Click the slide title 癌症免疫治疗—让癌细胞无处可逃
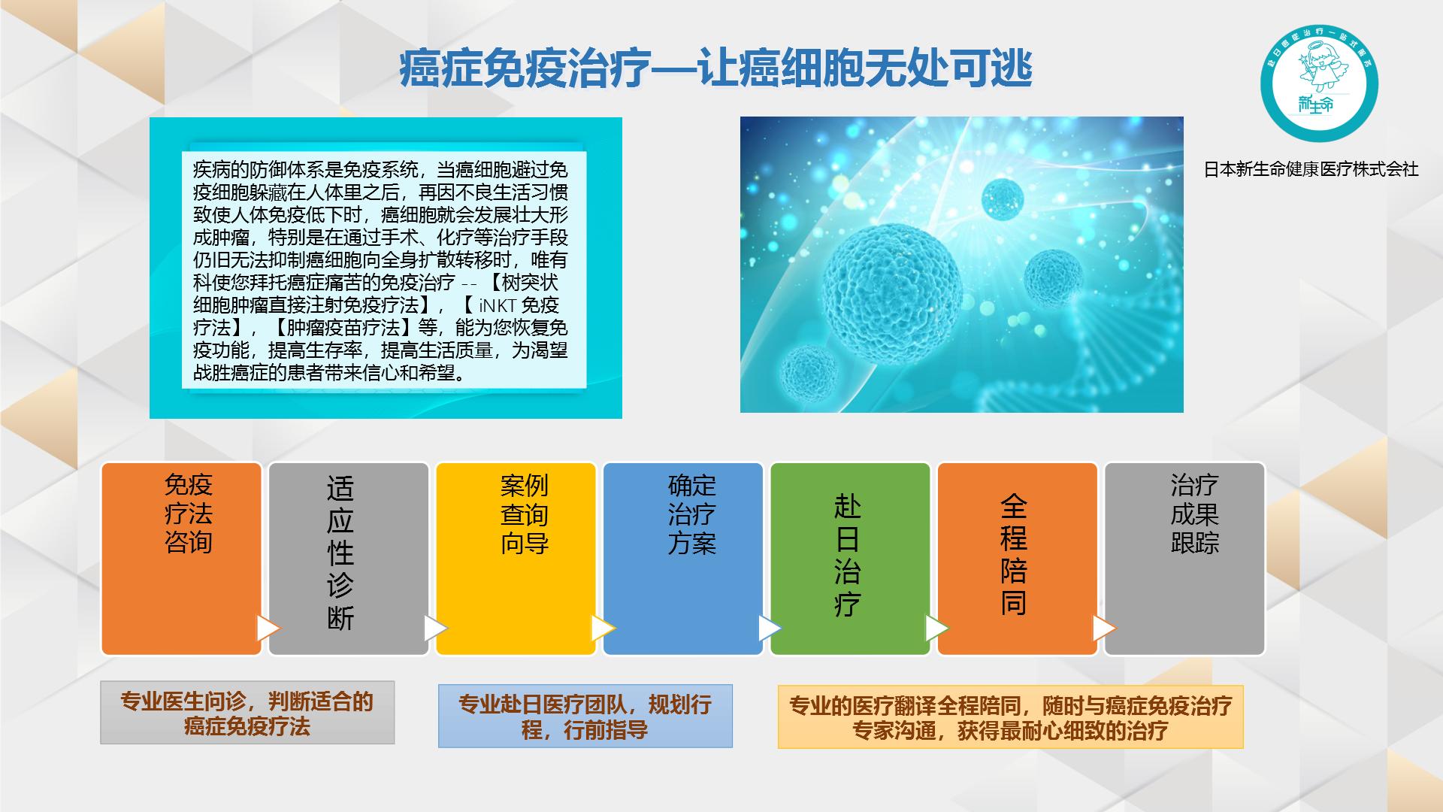pyautogui.click(x=715, y=70)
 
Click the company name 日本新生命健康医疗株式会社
pyautogui.click(x=1311, y=169)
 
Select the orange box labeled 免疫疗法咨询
pyautogui.click(x=182, y=559)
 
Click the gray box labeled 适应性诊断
pyautogui.click(x=349, y=559)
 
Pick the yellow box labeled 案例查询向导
pyautogui.click(x=516, y=559)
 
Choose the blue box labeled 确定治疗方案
pyautogui.click(x=683, y=559)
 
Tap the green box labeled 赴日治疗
pyautogui.click(x=850, y=559)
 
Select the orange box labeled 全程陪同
pyautogui.click(x=1017, y=559)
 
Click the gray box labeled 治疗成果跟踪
pyautogui.click(x=1184, y=559)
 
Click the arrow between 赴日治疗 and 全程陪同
pyautogui.click(x=936, y=628)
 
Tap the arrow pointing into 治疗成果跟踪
pyautogui.click(x=1103, y=628)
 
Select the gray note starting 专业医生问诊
pyautogui.click(x=247, y=713)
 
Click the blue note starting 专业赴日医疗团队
pyautogui.click(x=585, y=716)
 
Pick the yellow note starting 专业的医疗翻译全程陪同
pyautogui.click(x=1010, y=717)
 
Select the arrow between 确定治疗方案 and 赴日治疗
pyautogui.click(x=770, y=628)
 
